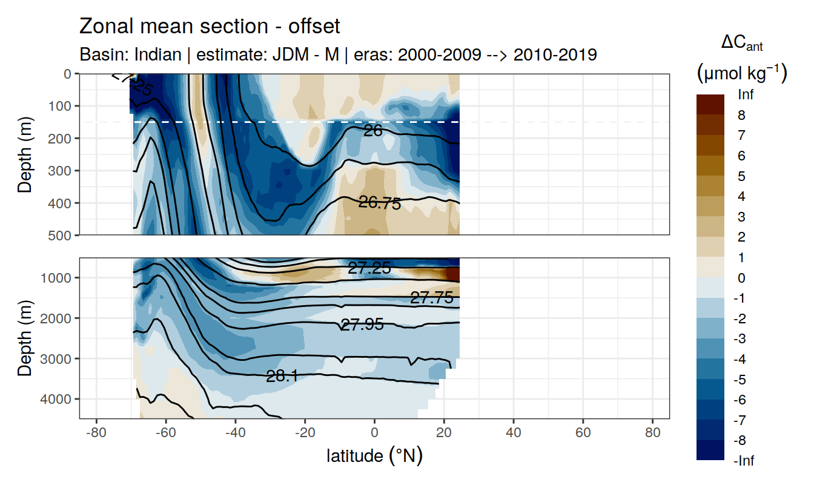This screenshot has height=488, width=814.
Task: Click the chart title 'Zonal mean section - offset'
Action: tap(210, 27)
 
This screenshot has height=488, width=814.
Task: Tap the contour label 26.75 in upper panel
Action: tap(380, 203)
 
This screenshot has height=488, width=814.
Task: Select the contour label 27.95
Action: tap(362, 325)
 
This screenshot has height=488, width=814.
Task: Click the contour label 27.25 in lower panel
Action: tap(369, 268)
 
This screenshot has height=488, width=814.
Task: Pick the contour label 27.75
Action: tap(432, 297)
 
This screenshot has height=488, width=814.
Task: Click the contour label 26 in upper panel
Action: tap(372, 130)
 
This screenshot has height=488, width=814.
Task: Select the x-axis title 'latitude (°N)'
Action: tap(374, 455)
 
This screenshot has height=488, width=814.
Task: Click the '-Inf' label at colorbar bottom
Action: tap(744, 461)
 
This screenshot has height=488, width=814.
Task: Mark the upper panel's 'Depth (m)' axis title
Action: tap(25, 154)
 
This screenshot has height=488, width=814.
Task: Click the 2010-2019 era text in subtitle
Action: tap(555, 54)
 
